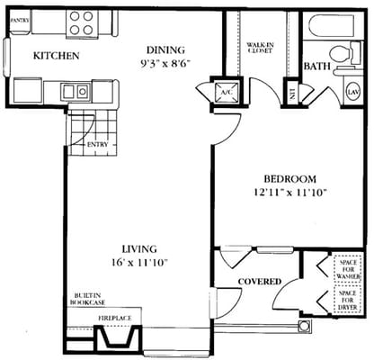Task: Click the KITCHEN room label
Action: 57,56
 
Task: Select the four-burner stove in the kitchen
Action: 80,21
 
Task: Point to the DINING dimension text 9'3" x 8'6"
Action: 165,64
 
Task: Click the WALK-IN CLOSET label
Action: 260,47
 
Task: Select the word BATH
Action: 316,67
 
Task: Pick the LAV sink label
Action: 352,91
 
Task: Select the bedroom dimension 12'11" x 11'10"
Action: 289,192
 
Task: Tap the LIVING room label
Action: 141,248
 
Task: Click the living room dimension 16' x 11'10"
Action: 141,263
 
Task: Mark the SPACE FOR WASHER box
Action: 347,267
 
